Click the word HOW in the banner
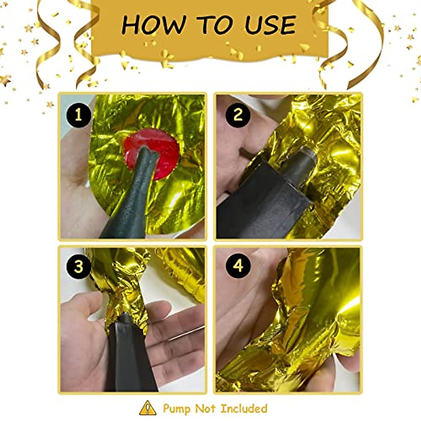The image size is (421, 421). click(153, 25)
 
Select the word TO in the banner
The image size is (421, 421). click(213, 25)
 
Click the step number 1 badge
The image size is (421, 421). click(78, 115)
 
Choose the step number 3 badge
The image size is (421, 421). click(78, 266)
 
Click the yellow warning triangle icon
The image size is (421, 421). click(148, 408)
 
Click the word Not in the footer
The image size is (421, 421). click(206, 409)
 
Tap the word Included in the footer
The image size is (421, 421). click(244, 409)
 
